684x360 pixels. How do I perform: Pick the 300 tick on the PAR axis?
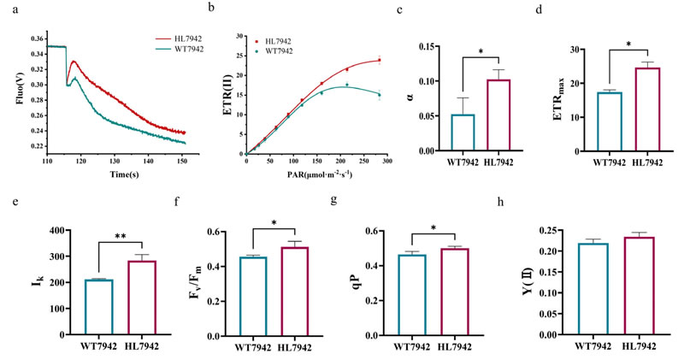[x=386, y=159]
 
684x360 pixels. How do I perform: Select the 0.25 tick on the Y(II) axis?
[x=555, y=231]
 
